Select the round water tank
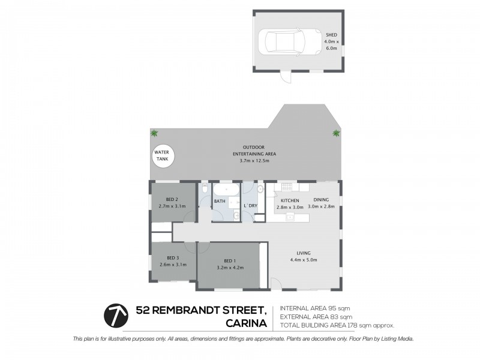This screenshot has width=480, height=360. [x=162, y=157]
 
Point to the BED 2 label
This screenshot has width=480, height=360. [x=173, y=203]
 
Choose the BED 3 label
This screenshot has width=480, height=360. [x=173, y=261]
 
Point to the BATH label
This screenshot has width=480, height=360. [x=220, y=202]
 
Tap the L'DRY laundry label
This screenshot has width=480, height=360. [x=251, y=206]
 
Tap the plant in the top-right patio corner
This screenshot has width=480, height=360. [x=335, y=133]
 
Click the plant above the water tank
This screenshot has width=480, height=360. [x=155, y=133]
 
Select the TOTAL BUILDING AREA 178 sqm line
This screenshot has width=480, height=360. [x=337, y=325]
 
